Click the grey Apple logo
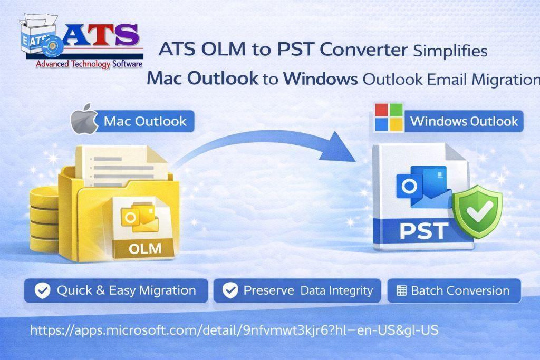(x=84, y=119)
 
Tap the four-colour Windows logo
(x=389, y=118)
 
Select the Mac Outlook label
(x=145, y=121)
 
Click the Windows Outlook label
(x=464, y=121)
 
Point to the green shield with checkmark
(x=478, y=211)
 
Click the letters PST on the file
(x=424, y=230)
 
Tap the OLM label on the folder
(x=145, y=248)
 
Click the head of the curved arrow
(x=337, y=147)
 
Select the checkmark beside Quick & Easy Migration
(x=43, y=290)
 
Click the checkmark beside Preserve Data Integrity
(x=230, y=290)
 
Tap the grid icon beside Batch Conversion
(x=401, y=291)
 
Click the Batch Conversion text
(x=460, y=291)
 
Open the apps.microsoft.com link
(x=234, y=330)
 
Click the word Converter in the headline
(x=364, y=50)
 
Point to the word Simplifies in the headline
(x=450, y=51)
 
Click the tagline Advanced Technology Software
(x=89, y=64)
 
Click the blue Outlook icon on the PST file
(x=423, y=187)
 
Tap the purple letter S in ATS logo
(x=127, y=35)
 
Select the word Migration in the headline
(x=506, y=80)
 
